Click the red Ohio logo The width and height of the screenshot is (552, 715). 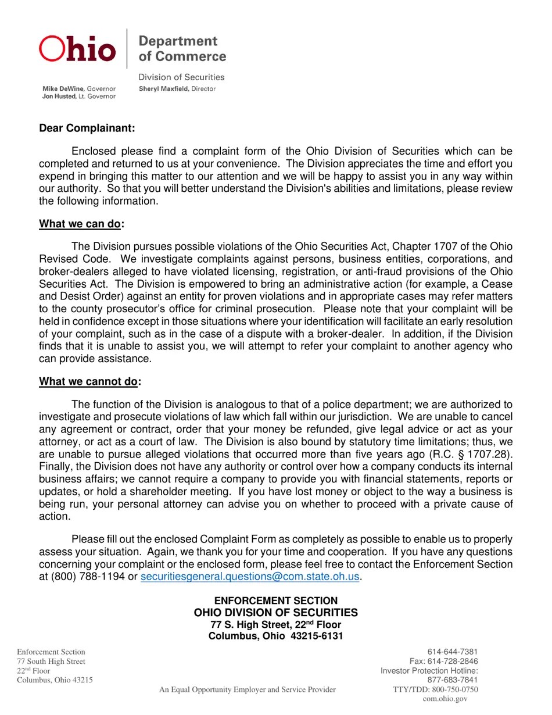(77, 49)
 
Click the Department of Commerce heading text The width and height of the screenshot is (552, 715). (182, 49)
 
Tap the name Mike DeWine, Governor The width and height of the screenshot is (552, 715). (78, 89)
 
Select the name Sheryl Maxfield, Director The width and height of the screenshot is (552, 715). (177, 89)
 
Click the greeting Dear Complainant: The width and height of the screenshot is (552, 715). (87, 128)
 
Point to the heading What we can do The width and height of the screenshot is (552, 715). (80, 224)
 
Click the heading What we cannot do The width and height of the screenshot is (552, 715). (88, 382)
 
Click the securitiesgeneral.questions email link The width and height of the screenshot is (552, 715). (250, 577)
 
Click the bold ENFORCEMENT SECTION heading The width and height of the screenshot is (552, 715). (275, 600)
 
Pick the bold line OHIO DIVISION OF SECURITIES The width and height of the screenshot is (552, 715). (275, 613)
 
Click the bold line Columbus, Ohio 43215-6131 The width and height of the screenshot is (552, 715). (275, 636)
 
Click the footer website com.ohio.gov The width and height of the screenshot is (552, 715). (445, 699)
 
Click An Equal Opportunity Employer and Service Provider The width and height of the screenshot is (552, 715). (248, 689)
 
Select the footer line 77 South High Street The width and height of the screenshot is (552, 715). (51, 662)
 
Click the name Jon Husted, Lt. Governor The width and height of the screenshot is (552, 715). (78, 96)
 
